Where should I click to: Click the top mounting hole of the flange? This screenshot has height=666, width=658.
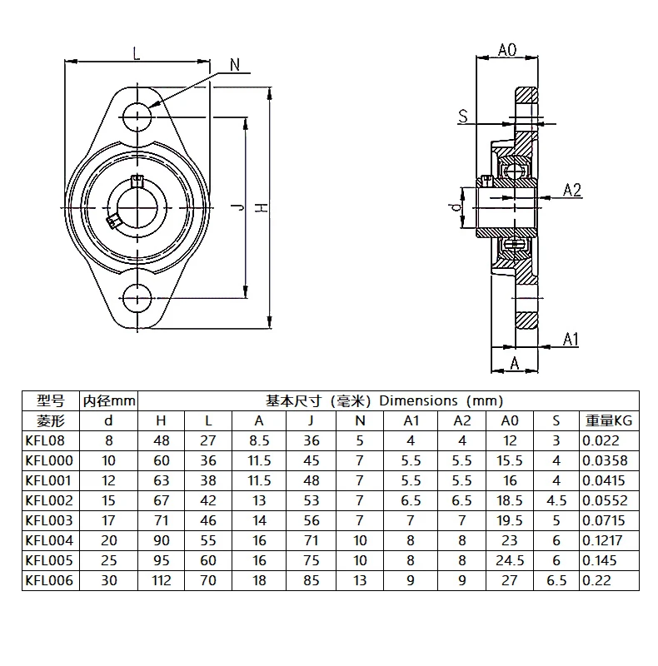[136, 115]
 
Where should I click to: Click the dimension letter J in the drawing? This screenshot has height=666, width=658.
[238, 208]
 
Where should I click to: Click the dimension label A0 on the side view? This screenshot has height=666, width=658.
[507, 51]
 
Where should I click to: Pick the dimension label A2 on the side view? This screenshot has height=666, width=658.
[572, 190]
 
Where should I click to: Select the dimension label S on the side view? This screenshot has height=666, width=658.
[462, 117]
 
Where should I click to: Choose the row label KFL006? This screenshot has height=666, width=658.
[49, 579]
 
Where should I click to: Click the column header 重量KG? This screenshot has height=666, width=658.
[609, 421]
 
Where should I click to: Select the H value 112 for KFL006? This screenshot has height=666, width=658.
[162, 579]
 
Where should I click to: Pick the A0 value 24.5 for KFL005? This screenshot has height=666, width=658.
[511, 559]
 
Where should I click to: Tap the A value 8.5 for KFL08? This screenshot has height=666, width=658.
[259, 441]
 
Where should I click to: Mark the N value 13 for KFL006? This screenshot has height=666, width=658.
[360, 579]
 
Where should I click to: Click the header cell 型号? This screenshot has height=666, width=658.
[49, 400]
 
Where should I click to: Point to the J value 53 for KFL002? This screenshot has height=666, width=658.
[311, 500]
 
